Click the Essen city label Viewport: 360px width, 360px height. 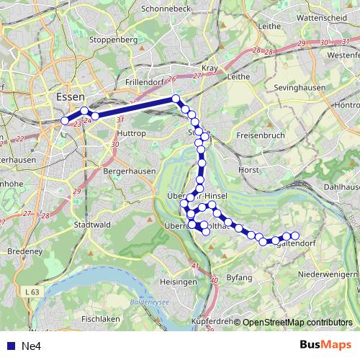[x=70, y=95]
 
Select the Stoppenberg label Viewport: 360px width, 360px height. [x=113, y=40]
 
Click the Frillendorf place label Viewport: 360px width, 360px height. [x=145, y=81]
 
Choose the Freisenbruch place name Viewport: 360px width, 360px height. [x=260, y=135]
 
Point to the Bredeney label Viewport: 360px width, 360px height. [x=24, y=251]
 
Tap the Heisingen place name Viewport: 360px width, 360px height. [x=179, y=282]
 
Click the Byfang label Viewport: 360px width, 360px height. [x=239, y=277]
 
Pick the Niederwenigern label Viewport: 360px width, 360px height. [x=328, y=274]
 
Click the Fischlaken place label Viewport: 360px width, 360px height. [x=100, y=318]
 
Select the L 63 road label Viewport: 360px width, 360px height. [x=31, y=292]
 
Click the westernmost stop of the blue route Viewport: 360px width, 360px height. [x=66, y=120]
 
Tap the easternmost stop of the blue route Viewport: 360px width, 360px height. [x=294, y=235]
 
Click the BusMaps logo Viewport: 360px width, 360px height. [x=327, y=345]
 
